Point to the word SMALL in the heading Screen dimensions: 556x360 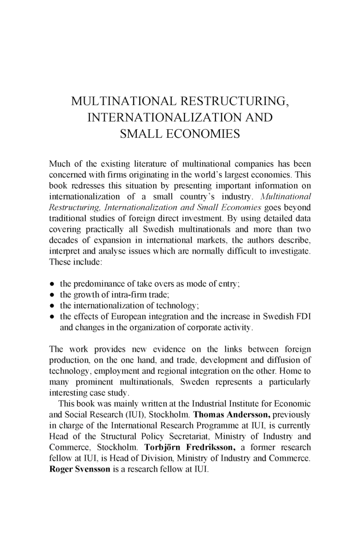point(140,134)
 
